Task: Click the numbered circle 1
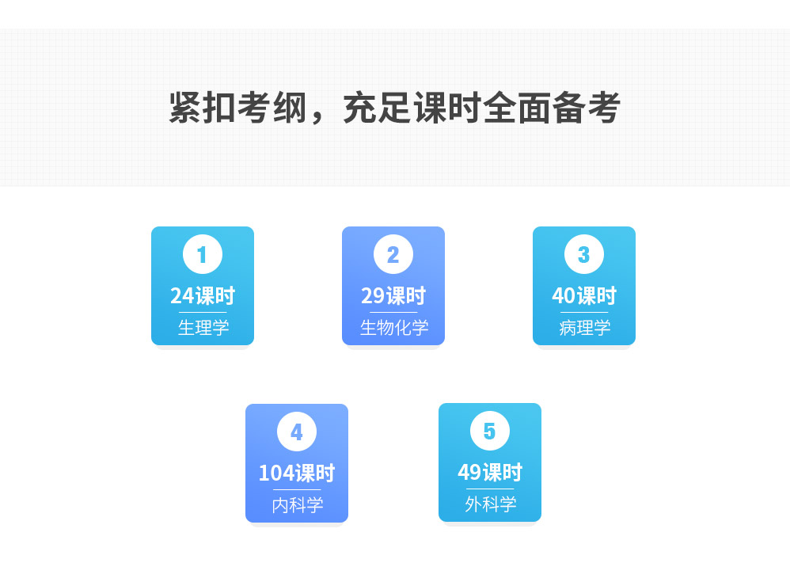click(x=203, y=254)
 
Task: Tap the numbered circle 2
click(x=393, y=254)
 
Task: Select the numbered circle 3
click(x=584, y=254)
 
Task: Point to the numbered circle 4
click(x=297, y=432)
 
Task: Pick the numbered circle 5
click(x=490, y=431)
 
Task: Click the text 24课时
click(x=203, y=296)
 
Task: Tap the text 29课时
click(x=393, y=296)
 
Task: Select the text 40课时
click(x=584, y=296)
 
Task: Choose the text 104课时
click(x=297, y=473)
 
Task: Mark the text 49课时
click(x=490, y=473)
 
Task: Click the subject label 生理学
click(x=203, y=327)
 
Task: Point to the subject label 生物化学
click(x=394, y=327)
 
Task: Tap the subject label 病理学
click(x=585, y=327)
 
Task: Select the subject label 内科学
click(x=298, y=504)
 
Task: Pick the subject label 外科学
click(x=491, y=504)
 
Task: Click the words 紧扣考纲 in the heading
click(x=237, y=108)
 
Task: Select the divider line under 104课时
click(x=297, y=489)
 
